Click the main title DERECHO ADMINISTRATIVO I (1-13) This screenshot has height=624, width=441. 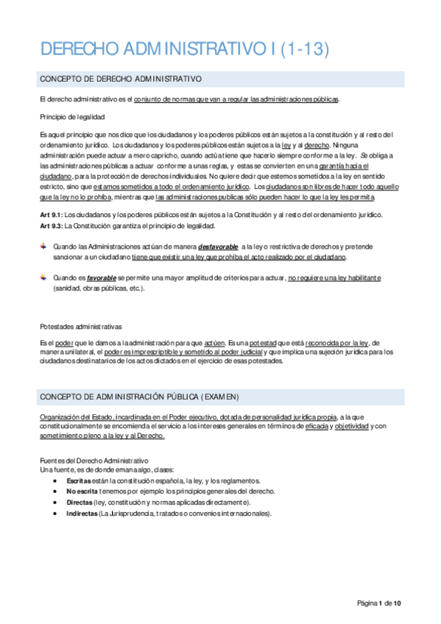[x=184, y=49]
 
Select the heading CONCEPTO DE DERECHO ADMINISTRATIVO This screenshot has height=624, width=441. [x=121, y=79]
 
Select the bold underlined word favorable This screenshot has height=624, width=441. [x=102, y=279]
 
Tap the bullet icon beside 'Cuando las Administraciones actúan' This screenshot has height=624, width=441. [x=43, y=247]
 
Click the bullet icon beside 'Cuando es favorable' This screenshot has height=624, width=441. [x=43, y=279]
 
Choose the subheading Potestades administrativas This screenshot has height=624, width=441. [x=82, y=326]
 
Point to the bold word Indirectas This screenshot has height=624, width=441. [x=82, y=514]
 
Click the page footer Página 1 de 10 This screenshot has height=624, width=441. [x=379, y=603]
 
